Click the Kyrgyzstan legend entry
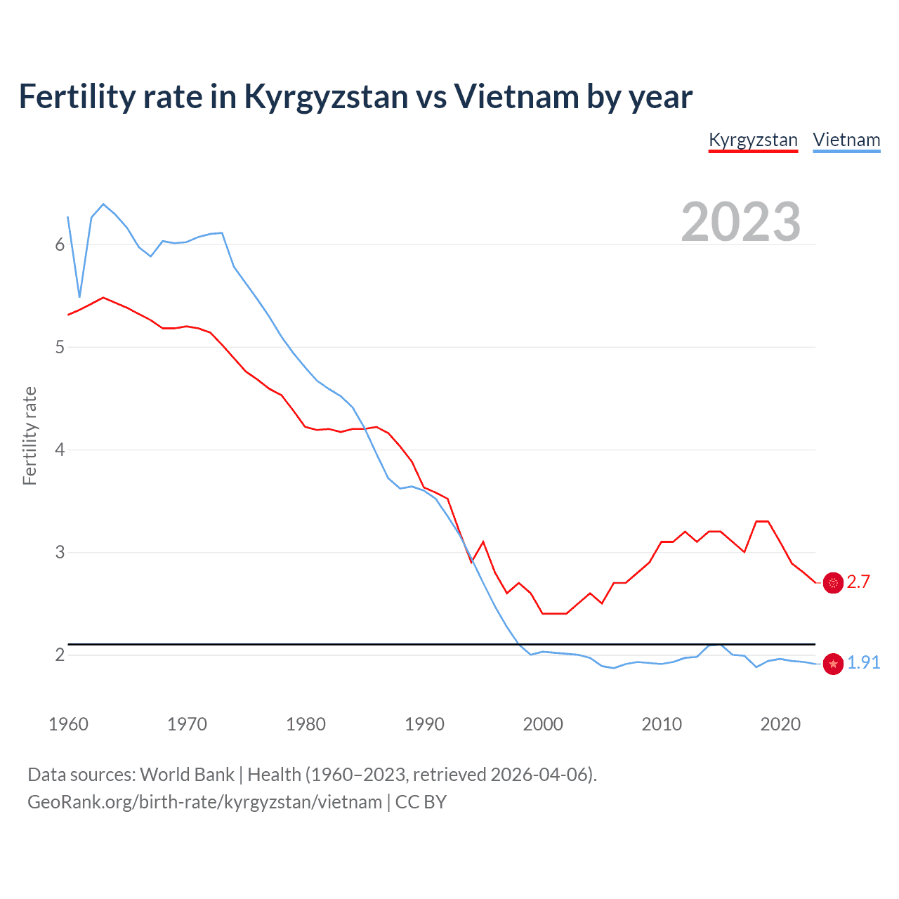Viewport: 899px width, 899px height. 753,140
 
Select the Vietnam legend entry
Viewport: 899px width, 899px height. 846,140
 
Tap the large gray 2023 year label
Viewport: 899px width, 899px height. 741,222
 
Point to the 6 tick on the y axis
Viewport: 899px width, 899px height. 60,244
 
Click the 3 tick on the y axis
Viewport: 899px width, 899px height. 60,552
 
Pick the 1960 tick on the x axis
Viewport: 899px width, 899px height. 68,724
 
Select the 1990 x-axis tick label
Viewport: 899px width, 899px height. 424,724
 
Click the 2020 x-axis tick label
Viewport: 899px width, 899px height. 780,724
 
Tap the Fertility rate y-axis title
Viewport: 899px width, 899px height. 29,435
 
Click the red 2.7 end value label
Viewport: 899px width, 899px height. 858,582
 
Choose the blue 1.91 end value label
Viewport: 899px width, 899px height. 863,662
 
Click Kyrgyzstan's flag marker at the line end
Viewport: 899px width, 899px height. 833,582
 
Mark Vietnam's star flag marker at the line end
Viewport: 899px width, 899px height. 833,664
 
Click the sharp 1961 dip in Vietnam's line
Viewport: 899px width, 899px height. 80,296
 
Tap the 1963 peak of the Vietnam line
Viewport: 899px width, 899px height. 103,204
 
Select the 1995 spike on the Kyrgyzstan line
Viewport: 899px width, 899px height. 483,542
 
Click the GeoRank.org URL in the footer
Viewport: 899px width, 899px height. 204,802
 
